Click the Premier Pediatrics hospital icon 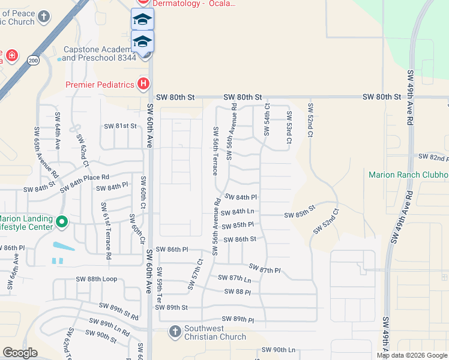coord(143,84)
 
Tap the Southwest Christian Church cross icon coord(175,332)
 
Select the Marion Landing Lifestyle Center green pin coord(61,223)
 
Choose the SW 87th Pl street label coord(265,269)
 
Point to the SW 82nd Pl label coord(433,158)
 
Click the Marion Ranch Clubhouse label coord(408,175)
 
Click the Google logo coord(20,353)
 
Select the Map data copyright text coord(412,355)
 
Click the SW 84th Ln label coord(238,212)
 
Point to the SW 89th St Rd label coord(118,313)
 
